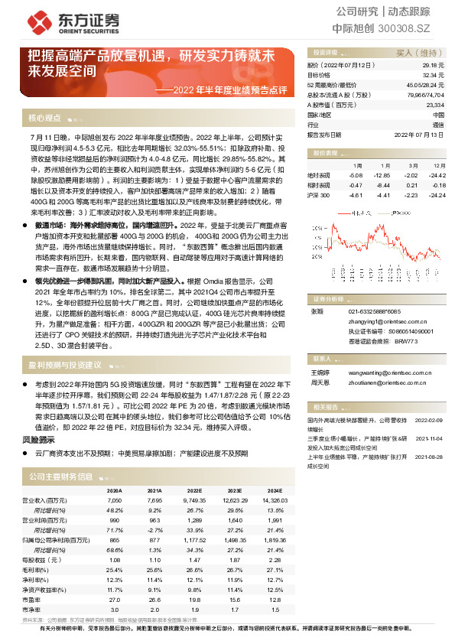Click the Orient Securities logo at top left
(57, 21)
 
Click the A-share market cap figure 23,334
(434, 104)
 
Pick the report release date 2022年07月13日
(418, 133)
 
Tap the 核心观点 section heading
(44, 118)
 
